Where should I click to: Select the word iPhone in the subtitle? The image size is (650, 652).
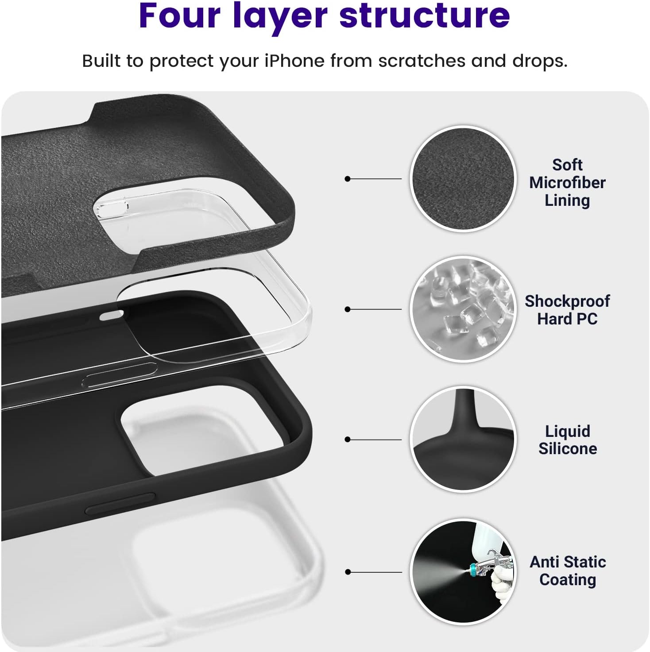click(294, 61)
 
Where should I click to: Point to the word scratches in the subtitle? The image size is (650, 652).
click(422, 61)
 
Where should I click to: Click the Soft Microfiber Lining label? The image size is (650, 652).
click(567, 183)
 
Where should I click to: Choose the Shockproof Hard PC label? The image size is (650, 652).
click(567, 310)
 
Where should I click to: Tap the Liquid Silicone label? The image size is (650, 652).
click(567, 440)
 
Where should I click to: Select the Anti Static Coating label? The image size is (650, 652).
click(568, 571)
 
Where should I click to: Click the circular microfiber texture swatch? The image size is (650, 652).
click(463, 179)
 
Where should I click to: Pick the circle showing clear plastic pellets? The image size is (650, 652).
click(463, 309)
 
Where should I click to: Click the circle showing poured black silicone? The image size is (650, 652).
click(463, 439)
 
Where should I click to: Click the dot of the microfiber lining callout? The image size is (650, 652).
click(347, 179)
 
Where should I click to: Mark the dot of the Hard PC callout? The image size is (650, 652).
click(347, 309)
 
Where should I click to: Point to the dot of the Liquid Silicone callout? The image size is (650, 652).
click(347, 440)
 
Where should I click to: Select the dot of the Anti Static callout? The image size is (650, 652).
click(348, 572)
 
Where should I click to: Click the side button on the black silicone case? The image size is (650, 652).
click(120, 504)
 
